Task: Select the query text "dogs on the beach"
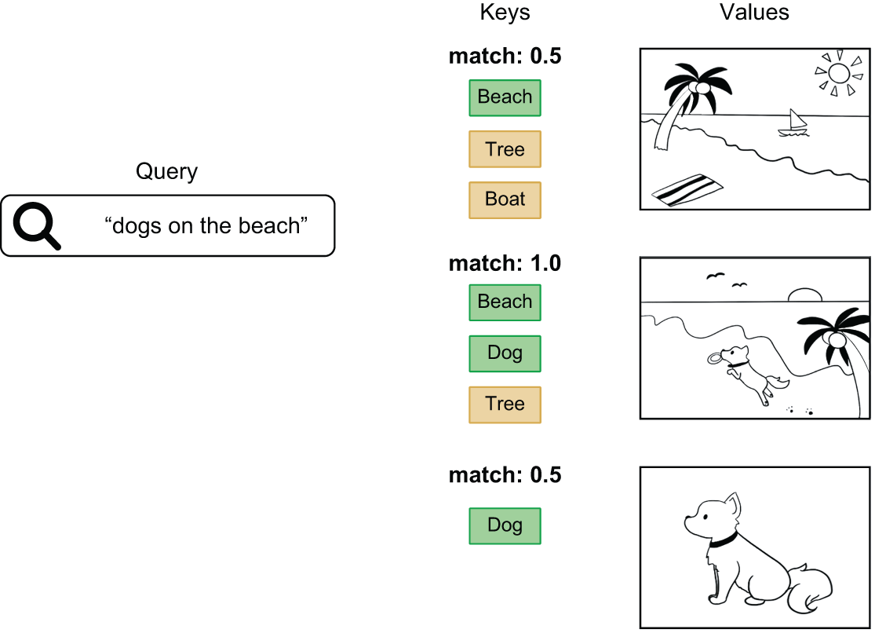(x=206, y=226)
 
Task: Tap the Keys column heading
(x=505, y=13)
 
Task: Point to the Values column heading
(x=754, y=13)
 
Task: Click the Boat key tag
(x=505, y=199)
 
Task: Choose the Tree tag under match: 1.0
(x=505, y=404)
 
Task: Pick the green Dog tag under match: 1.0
(x=505, y=353)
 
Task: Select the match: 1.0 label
(x=505, y=264)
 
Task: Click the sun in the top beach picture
(x=838, y=74)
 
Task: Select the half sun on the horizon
(x=804, y=296)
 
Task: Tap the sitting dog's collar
(x=723, y=541)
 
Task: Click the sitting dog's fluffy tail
(x=808, y=587)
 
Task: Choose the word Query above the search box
(x=166, y=172)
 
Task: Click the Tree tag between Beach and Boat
(x=505, y=149)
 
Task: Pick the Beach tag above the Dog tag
(x=505, y=302)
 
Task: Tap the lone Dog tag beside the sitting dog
(x=505, y=525)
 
